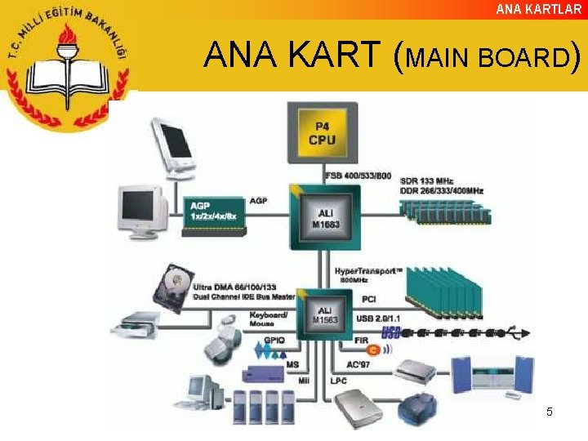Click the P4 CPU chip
322,133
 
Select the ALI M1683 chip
324,216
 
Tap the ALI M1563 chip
324,315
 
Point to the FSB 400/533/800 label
358,176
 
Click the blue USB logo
391,333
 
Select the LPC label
339,381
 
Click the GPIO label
274,340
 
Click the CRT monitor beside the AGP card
142,211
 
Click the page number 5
549,412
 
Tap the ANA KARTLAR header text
539,9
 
